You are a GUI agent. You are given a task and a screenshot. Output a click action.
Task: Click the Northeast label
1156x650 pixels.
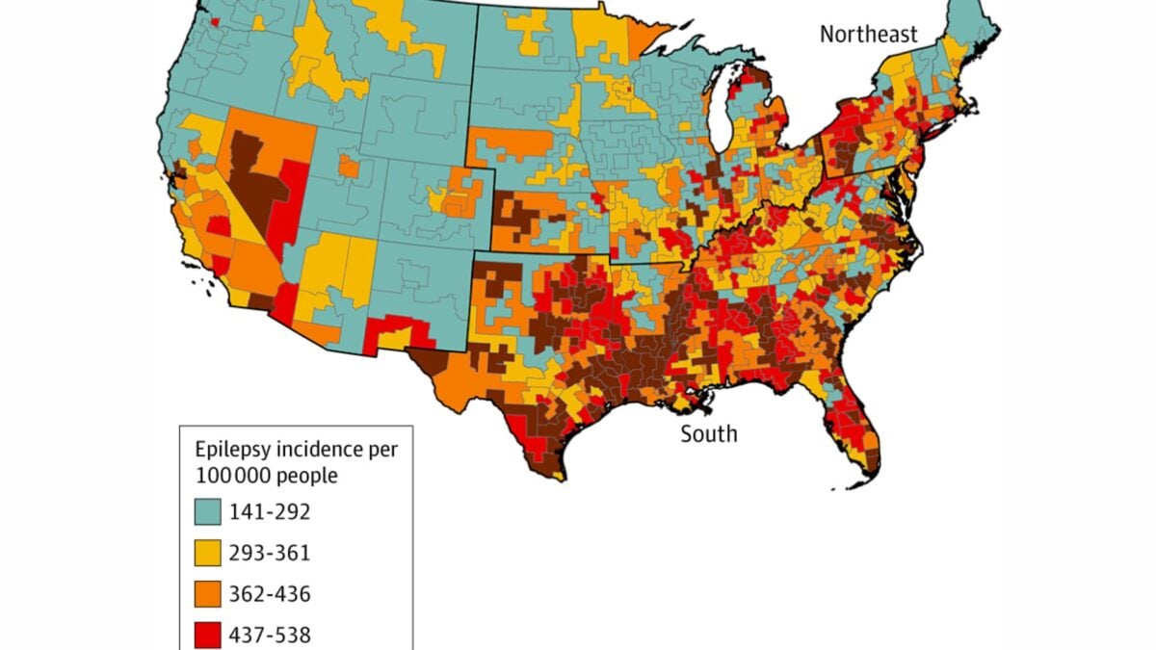869,35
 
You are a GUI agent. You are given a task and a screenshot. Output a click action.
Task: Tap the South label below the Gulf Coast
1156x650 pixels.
709,434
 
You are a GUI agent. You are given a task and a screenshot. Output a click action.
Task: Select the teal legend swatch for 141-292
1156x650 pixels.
207,512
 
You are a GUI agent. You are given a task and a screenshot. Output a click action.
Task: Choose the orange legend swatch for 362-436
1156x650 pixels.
207,594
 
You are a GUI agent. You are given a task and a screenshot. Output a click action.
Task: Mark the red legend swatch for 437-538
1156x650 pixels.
207,635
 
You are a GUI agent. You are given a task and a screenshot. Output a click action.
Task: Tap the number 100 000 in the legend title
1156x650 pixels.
232,476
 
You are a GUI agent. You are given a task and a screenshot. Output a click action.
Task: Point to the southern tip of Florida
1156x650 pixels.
867,472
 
